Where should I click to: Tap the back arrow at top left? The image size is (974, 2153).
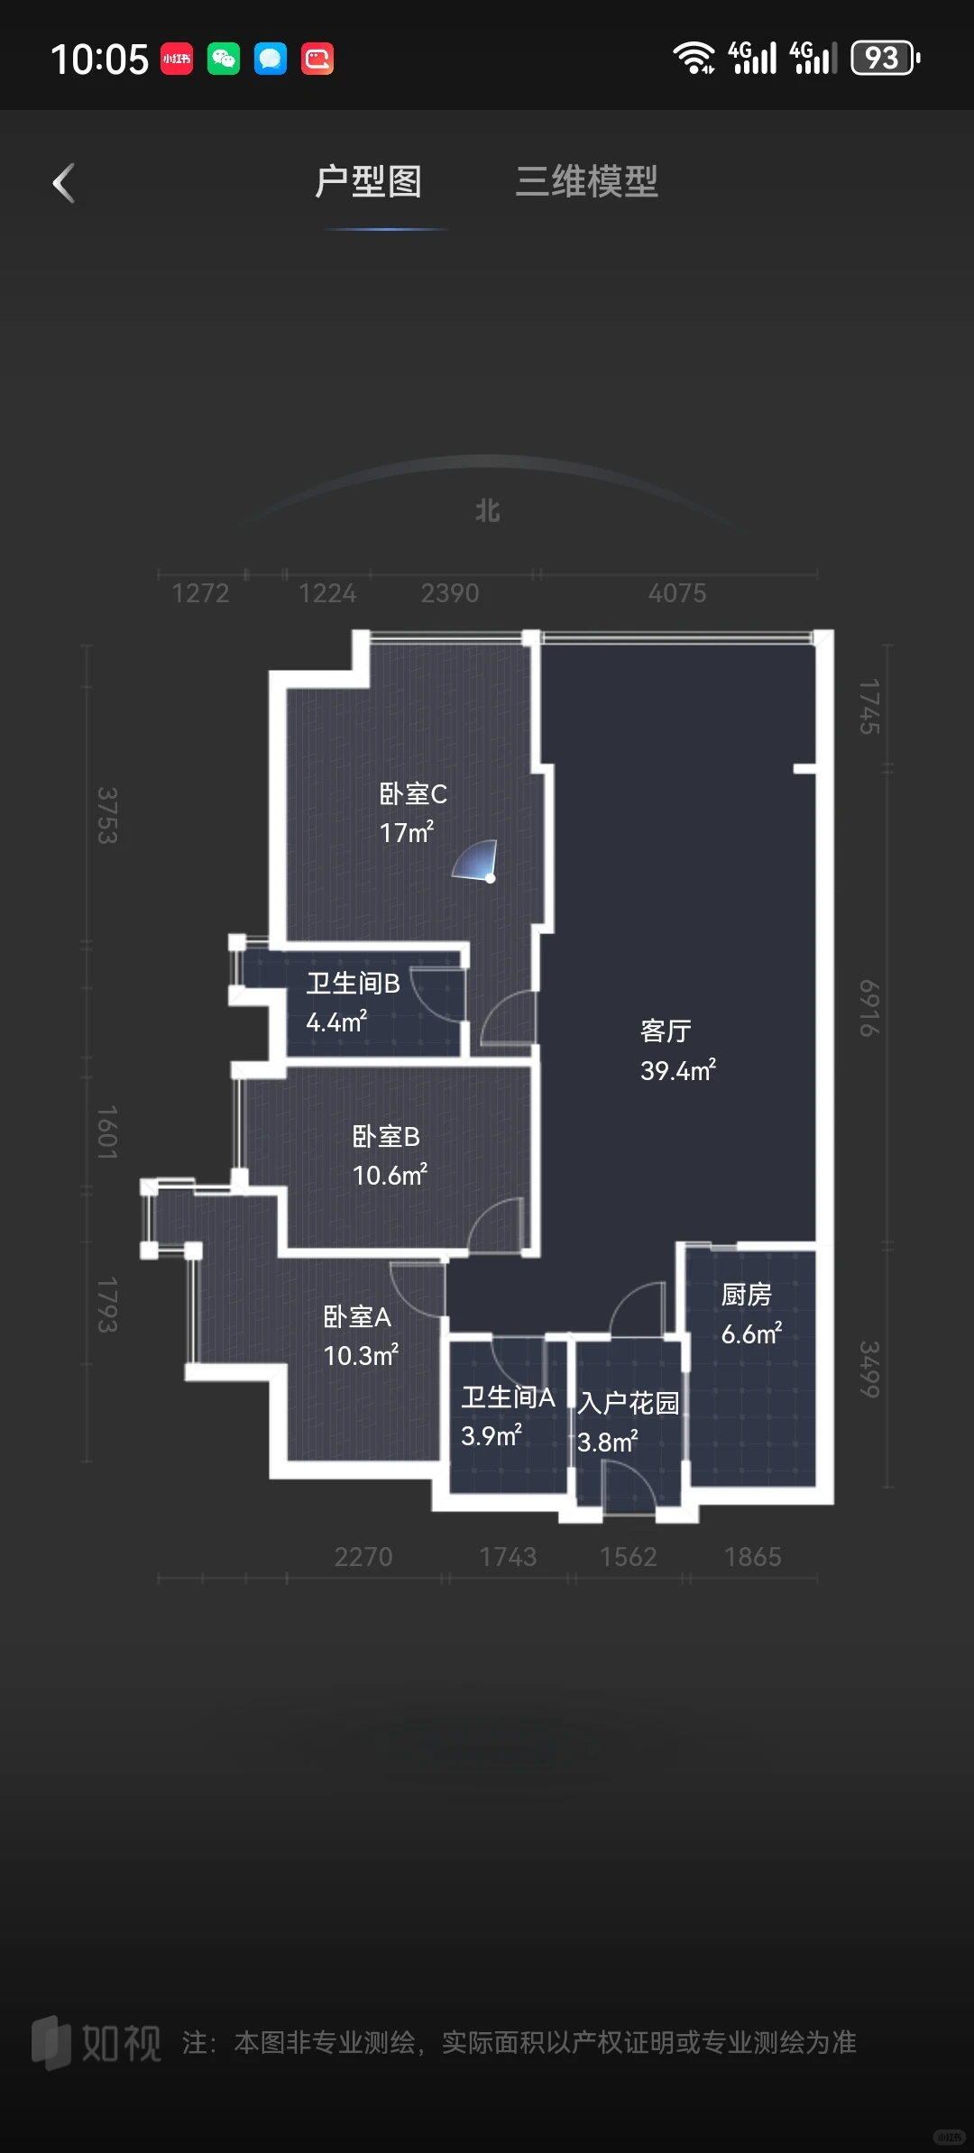click(64, 184)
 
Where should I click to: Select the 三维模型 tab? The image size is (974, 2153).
click(586, 182)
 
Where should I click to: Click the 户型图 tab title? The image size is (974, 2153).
click(368, 182)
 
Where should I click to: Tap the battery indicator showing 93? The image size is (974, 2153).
click(885, 59)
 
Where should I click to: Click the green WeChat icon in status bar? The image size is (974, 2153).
click(224, 60)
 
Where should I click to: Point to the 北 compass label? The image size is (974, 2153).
click(487, 511)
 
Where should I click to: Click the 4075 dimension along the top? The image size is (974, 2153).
click(677, 593)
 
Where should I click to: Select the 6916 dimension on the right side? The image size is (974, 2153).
click(868, 1008)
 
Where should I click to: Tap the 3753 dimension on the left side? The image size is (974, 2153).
click(107, 815)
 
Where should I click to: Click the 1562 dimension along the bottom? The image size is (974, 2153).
click(629, 1557)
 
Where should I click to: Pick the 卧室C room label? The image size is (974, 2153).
click(413, 794)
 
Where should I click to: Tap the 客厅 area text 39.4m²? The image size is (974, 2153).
click(677, 1071)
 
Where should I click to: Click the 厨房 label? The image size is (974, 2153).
click(746, 1295)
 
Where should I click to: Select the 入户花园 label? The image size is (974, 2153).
click(629, 1403)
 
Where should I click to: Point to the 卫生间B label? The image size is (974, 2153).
click(353, 984)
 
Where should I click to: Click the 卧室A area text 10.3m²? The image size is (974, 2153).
click(361, 1356)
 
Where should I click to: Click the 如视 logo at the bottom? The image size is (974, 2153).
click(96, 2043)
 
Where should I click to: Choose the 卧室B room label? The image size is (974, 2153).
click(386, 1137)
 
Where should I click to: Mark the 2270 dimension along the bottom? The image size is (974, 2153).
click(363, 1557)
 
